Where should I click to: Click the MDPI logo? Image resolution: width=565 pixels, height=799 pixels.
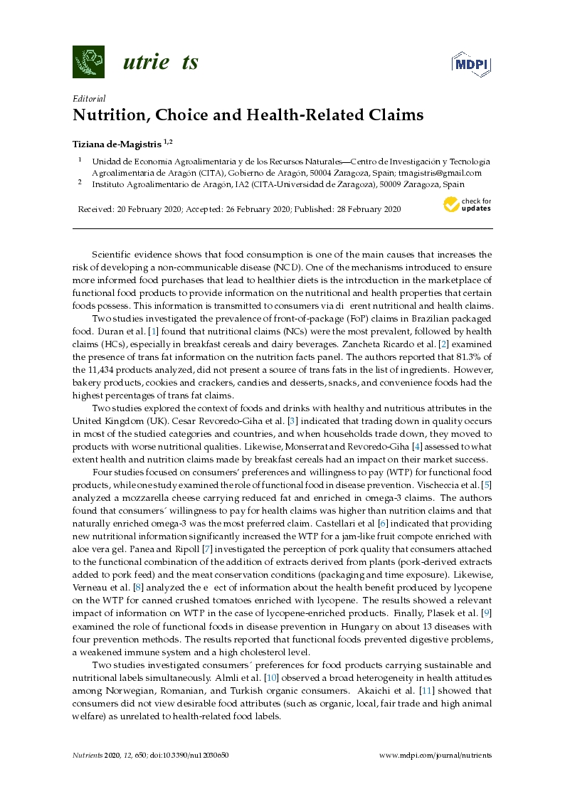[472, 64]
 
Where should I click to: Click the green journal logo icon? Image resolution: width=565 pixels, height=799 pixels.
[88, 62]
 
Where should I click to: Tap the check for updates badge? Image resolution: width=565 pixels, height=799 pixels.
[468, 205]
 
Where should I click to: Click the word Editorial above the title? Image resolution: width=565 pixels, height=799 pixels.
[89, 99]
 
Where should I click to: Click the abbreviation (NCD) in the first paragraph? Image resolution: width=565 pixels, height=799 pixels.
[285, 267]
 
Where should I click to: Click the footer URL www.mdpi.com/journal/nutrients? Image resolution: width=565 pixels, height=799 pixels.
[435, 755]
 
